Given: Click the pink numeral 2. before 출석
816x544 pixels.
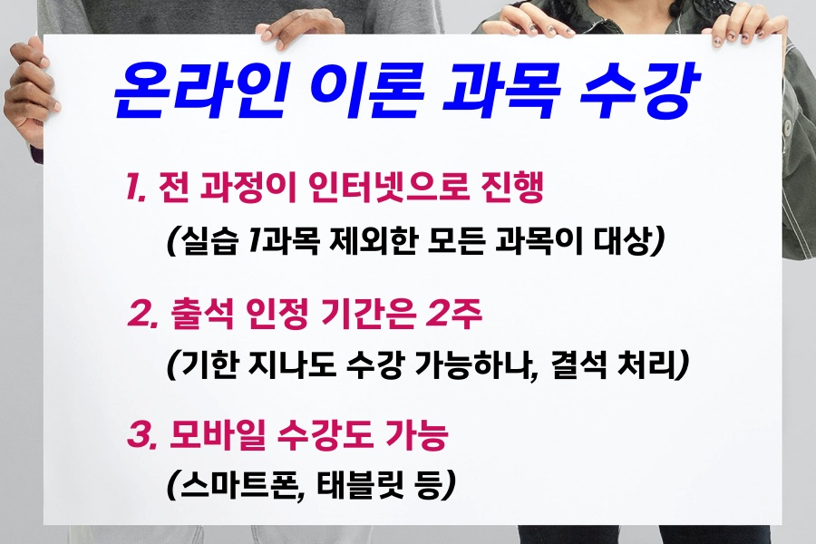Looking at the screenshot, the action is (x=142, y=314).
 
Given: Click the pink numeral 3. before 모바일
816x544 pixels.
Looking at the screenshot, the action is (x=142, y=435).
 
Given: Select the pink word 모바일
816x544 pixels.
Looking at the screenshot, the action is (x=218, y=435).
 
